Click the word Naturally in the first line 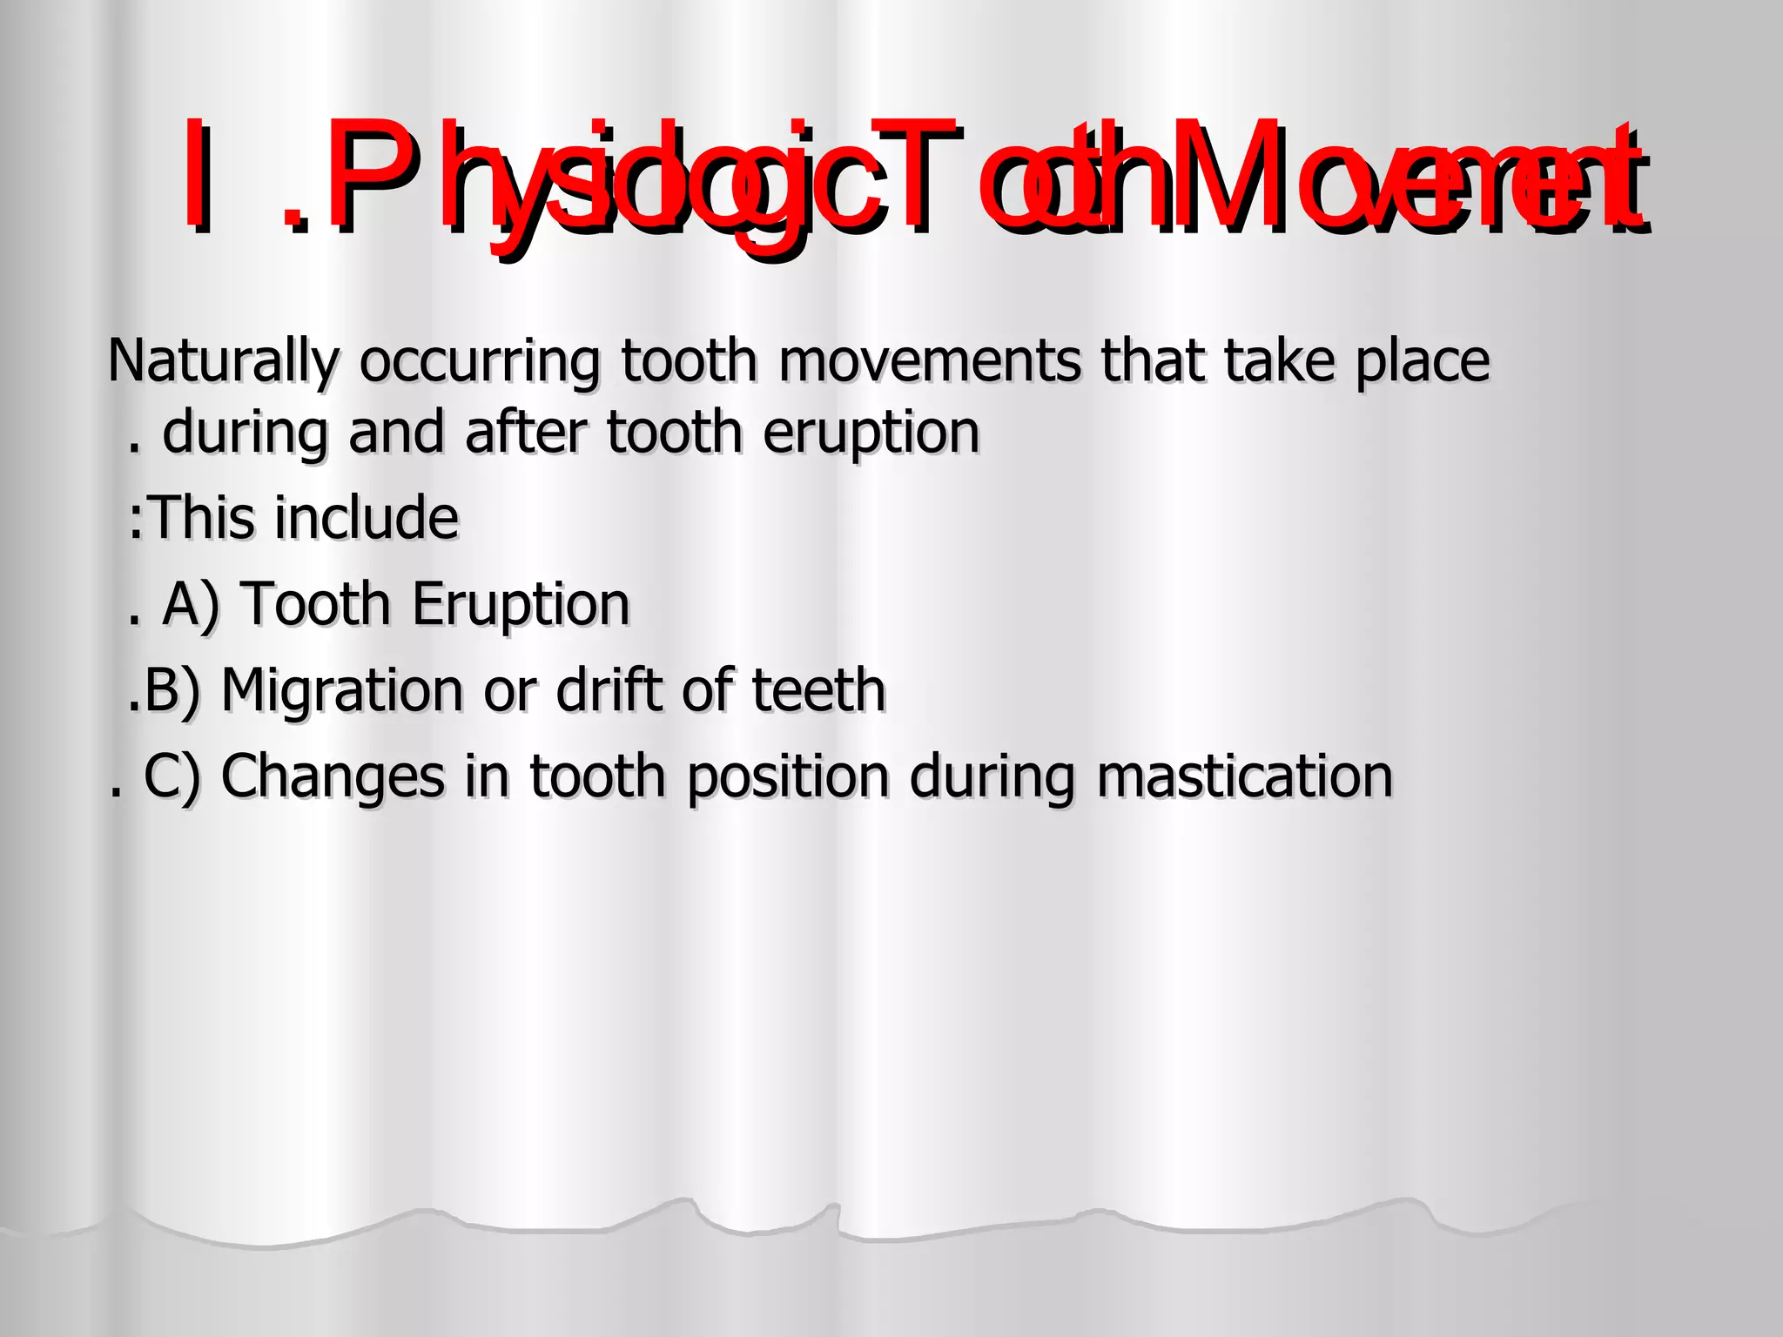coord(223,362)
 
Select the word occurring coord(480,362)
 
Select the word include coord(367,517)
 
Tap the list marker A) coord(191,604)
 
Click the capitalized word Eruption coord(521,605)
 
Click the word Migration coord(342,690)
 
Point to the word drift coord(609,689)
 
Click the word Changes coord(332,776)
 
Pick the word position coord(788,777)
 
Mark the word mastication coord(1244,776)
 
